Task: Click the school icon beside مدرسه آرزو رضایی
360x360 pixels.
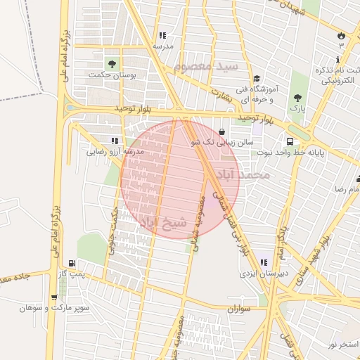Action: click(x=115, y=141)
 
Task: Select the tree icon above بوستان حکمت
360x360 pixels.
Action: click(x=111, y=63)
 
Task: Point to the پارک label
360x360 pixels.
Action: click(x=299, y=110)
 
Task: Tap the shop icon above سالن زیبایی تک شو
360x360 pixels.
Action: click(x=222, y=131)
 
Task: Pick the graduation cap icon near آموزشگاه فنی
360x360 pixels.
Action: click(x=257, y=79)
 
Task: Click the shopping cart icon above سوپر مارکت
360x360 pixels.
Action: click(x=55, y=297)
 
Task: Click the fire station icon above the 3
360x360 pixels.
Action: click(x=342, y=34)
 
